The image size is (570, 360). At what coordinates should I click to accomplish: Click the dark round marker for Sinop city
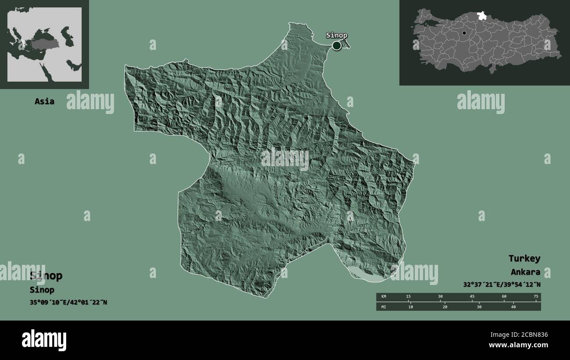[x=336, y=45]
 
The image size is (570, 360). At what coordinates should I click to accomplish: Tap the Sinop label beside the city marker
[x=336, y=36]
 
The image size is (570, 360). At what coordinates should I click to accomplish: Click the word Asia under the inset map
[x=45, y=101]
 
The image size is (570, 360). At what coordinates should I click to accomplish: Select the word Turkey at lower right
[x=524, y=258]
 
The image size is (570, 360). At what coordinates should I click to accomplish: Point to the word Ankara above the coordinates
[x=525, y=272]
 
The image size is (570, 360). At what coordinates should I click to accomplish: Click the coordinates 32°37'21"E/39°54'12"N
[x=502, y=284]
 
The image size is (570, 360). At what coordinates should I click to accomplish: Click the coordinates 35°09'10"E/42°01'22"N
[x=68, y=302]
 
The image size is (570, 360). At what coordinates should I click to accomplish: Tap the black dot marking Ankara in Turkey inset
[x=464, y=33]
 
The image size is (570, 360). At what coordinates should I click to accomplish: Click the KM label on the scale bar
[x=384, y=297]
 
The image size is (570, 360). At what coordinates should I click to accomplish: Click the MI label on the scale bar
[x=384, y=307]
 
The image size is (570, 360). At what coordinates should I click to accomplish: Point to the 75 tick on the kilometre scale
[x=535, y=297]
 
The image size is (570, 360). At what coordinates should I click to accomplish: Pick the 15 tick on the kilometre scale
[x=408, y=297]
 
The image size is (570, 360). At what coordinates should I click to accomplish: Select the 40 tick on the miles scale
[x=513, y=307]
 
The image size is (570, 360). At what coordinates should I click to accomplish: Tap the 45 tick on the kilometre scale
[x=472, y=297]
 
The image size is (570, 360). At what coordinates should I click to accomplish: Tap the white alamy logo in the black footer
[x=44, y=340]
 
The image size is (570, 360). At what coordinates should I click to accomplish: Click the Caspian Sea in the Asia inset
[x=65, y=33]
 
